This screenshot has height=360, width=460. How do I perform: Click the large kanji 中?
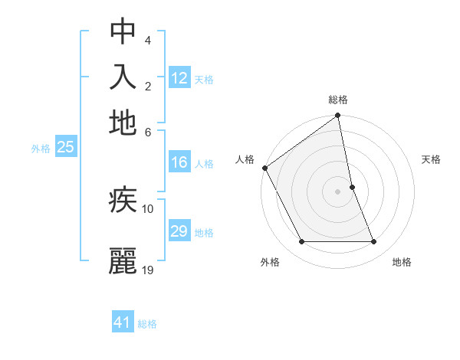coord(123,31)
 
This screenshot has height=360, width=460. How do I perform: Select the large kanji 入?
coord(123,77)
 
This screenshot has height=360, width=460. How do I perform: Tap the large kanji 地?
coord(123,122)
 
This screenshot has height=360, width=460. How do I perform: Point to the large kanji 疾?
coord(123,201)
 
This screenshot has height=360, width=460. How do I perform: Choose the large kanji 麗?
coord(123,260)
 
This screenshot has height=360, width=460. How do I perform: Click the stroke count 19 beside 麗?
coord(148,270)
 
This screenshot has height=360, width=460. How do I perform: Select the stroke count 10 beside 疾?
coord(148,208)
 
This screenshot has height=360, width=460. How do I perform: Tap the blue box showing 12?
coord(179,78)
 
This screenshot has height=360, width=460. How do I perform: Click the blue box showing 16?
coord(179,162)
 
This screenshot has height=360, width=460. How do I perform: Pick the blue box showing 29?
coord(179,231)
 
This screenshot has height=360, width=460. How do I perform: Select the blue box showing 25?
coord(65,147)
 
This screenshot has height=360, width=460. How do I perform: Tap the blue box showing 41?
coord(123,322)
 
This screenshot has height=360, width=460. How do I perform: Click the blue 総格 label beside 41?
coord(147,324)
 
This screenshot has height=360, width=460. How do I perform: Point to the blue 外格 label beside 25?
coord(41,149)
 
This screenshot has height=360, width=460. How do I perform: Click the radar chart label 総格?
coord(338,100)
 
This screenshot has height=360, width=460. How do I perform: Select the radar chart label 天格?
coord(431,159)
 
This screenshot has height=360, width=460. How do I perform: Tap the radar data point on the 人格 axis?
coord(265,168)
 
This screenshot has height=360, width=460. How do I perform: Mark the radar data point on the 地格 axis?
coord(374,242)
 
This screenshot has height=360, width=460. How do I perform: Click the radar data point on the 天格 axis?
coord(352,187)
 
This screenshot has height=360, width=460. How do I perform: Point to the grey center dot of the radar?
coord(338,191)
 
